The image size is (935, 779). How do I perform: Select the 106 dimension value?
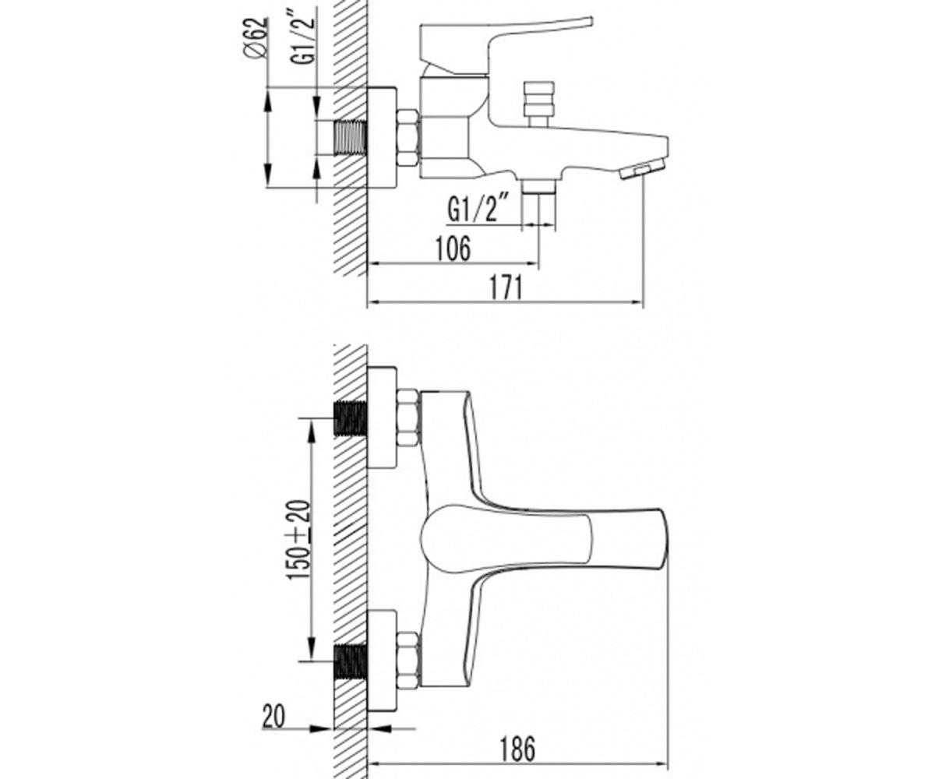pos(453,249)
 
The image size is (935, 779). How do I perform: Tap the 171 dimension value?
pos(506,288)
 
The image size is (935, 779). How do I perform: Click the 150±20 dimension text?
pos(298,541)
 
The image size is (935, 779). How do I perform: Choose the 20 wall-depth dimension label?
pos(273,717)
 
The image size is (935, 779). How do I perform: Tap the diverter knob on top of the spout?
pos(540,104)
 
